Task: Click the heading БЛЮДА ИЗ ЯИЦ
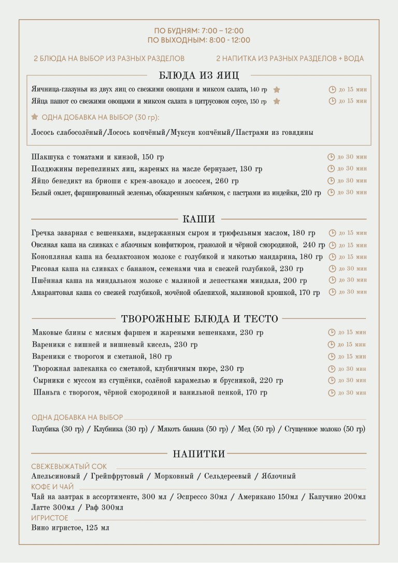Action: point(199,76)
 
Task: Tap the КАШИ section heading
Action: point(199,219)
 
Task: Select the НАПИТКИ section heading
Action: point(199,455)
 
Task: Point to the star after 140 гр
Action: point(277,90)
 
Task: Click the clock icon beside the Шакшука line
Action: point(331,157)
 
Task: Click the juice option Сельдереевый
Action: point(228,476)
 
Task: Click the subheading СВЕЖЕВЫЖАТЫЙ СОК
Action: point(69,467)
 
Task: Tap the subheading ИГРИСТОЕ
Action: point(50,518)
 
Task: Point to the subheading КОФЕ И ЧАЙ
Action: point(52,487)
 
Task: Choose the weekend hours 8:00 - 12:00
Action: point(226,40)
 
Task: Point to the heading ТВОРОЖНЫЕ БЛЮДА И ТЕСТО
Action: point(199,319)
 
